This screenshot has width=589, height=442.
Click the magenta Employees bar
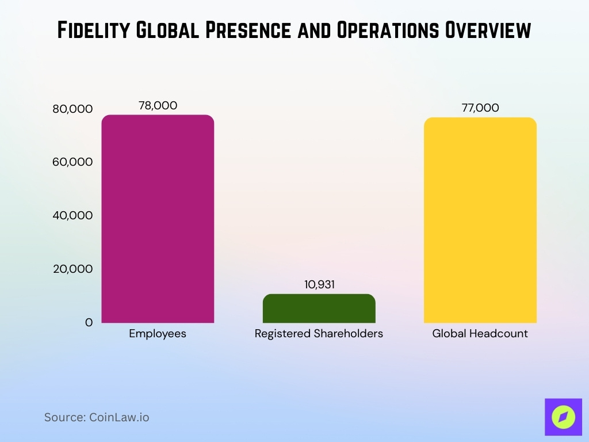click(x=158, y=219)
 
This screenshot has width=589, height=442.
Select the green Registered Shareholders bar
click(x=319, y=308)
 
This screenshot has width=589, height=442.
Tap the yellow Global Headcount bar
click(x=480, y=220)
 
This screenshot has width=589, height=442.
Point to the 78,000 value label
click(x=158, y=105)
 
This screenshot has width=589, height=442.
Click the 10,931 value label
click(x=319, y=284)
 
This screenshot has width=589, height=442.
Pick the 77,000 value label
click(x=480, y=108)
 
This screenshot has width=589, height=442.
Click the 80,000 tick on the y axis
click(x=72, y=109)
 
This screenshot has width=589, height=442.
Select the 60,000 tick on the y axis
click(x=72, y=162)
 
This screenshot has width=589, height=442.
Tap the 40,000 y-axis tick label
click(x=72, y=216)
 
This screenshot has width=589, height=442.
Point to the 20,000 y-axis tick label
click(x=72, y=269)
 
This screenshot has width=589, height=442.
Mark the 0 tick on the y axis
click(x=89, y=323)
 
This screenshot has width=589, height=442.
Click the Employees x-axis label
click(x=158, y=334)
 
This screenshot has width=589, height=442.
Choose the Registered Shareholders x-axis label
click(x=319, y=334)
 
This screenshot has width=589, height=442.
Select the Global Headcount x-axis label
click(x=480, y=334)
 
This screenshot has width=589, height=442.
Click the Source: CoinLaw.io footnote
click(x=97, y=417)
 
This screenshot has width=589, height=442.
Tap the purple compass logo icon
click(x=563, y=417)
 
